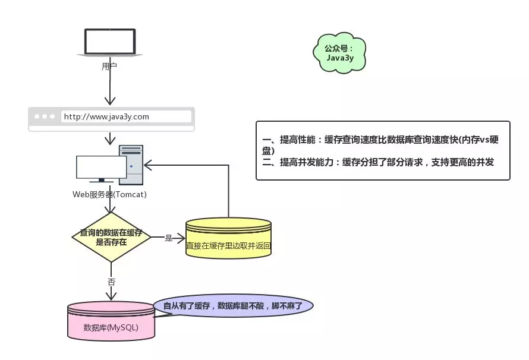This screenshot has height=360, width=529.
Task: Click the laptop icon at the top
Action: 109,43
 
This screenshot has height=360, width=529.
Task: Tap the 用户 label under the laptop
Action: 109,67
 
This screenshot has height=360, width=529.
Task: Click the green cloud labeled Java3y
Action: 339,53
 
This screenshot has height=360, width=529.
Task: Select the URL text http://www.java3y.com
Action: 106,116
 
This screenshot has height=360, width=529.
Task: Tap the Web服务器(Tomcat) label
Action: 109,194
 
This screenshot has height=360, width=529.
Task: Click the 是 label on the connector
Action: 168,238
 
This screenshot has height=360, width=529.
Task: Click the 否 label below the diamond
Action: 111,282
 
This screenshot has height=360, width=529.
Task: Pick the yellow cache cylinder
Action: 228,238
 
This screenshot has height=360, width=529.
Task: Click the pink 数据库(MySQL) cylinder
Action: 111,321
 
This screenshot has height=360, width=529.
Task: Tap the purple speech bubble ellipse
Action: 233,306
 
